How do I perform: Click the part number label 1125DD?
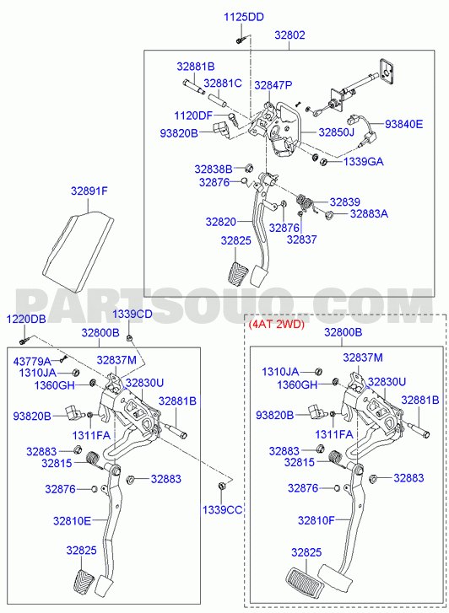click(x=244, y=17)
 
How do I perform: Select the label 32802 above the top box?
click(x=289, y=35)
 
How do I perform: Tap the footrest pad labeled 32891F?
click(x=78, y=251)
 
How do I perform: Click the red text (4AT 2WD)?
click(x=276, y=324)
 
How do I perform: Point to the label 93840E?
click(x=403, y=124)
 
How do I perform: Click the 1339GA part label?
click(x=363, y=161)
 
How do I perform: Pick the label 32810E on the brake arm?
click(x=72, y=521)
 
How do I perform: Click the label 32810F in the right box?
click(x=316, y=520)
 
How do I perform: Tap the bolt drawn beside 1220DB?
click(x=24, y=341)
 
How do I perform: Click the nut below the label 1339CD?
click(x=129, y=337)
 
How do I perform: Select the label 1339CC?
click(x=222, y=510)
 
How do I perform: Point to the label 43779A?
click(x=32, y=361)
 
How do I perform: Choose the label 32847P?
click(x=273, y=85)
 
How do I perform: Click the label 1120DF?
click(x=193, y=116)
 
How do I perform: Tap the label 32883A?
click(x=369, y=213)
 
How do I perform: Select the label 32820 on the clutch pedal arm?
click(x=221, y=222)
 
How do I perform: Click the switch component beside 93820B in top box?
click(x=220, y=129)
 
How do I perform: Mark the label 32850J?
click(x=336, y=132)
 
